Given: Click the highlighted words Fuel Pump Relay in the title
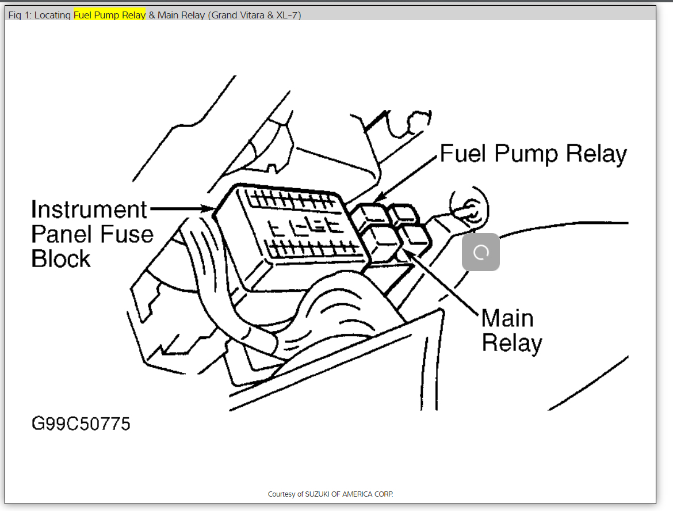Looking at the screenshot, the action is [x=109, y=15].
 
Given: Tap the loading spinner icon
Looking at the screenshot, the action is [x=481, y=252].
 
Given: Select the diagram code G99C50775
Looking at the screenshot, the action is [x=81, y=424].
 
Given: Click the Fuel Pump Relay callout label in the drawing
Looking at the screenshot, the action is [x=533, y=154].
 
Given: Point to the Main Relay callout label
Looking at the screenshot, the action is [x=511, y=330].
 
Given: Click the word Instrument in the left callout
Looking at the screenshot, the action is [x=89, y=210].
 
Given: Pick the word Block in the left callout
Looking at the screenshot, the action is [x=61, y=258].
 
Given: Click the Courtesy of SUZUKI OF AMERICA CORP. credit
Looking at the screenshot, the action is [x=330, y=494].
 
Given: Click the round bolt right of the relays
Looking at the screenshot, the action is [x=468, y=208].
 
